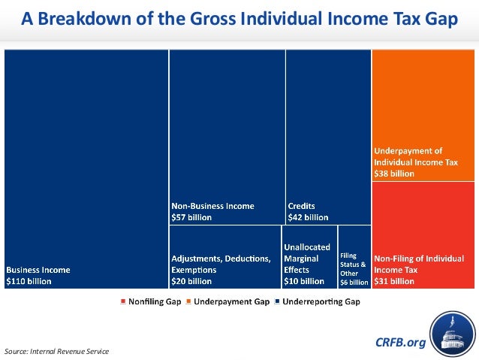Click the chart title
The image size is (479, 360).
[x=239, y=20]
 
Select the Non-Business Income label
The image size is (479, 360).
[x=212, y=206]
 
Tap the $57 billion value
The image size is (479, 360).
[x=191, y=217]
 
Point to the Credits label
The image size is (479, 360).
[x=300, y=206]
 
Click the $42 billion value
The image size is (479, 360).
[x=308, y=217]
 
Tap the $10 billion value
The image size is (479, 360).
[x=304, y=282]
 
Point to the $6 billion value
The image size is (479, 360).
[x=354, y=283]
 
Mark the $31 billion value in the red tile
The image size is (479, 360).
[x=393, y=282]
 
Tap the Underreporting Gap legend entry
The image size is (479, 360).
[x=318, y=301]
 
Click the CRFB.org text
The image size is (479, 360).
[x=400, y=343]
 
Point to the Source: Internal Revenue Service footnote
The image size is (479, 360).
[x=56, y=351]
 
